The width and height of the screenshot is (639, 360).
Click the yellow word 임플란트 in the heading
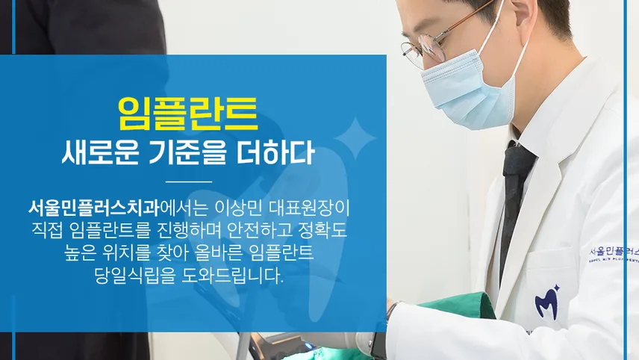tap(188, 114)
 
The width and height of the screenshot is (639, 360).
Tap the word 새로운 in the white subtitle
tap(100, 153)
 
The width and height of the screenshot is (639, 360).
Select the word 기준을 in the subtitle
tap(187, 153)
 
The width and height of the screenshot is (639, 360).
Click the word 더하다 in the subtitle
tap(275, 153)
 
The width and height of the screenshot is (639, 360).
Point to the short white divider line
tap(189, 181)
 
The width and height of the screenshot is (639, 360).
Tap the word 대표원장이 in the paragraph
tap(309, 208)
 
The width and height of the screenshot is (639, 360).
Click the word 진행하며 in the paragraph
tap(189, 230)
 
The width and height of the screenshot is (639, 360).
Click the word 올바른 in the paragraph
tap(213, 252)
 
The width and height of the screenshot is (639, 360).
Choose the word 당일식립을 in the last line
tap(134, 276)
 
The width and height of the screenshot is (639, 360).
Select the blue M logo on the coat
tap(547, 302)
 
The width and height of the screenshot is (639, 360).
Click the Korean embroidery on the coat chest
tap(614, 250)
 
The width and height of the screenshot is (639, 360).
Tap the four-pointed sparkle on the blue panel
tap(355, 139)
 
